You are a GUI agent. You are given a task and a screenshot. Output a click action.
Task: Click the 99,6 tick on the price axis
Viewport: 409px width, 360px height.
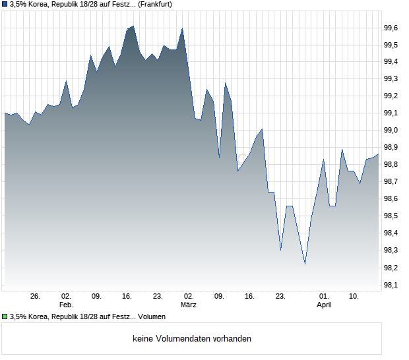click(x=391, y=28)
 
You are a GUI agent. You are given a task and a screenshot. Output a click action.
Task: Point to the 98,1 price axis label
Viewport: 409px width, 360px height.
click(x=391, y=285)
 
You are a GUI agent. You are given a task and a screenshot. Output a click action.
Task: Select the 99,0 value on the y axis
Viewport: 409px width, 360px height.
click(x=391, y=131)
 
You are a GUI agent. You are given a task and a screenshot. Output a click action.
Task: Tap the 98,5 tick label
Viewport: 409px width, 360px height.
click(x=391, y=216)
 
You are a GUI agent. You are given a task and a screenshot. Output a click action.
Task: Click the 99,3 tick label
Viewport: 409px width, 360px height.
click(x=391, y=79)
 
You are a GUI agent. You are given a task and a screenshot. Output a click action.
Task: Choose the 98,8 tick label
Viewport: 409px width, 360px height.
click(x=391, y=165)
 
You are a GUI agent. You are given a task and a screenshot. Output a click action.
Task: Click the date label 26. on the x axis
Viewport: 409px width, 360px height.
click(x=35, y=297)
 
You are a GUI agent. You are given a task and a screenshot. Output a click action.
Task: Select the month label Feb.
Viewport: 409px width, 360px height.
click(x=65, y=305)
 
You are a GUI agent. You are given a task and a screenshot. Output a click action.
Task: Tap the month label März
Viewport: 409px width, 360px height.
click(x=189, y=305)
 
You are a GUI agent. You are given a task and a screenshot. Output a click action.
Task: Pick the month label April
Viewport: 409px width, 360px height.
click(x=324, y=305)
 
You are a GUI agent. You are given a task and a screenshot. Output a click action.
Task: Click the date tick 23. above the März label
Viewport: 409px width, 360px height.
click(x=158, y=297)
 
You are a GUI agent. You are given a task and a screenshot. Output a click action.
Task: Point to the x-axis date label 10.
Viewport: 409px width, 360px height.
click(x=354, y=297)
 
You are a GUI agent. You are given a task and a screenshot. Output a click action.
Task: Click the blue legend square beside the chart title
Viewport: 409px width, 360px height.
click(x=5, y=4)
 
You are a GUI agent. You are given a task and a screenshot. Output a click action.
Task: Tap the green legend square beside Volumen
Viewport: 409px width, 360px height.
click(x=5, y=317)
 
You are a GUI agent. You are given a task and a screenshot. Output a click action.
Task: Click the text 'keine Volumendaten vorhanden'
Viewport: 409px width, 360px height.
click(x=192, y=339)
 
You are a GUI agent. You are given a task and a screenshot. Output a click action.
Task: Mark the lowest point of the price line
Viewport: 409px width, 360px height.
click(x=305, y=264)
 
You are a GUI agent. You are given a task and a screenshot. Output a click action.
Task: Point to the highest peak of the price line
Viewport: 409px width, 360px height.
click(x=133, y=26)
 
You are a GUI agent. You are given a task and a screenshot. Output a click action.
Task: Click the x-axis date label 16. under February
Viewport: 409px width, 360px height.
click(x=127, y=297)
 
